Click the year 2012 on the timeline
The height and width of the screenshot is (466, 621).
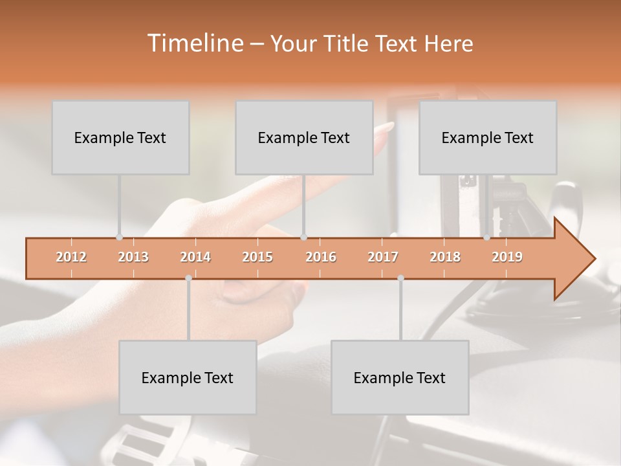[x=71, y=257]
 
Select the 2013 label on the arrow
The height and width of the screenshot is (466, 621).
[x=133, y=257]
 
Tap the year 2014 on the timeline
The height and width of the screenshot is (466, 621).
[x=195, y=257]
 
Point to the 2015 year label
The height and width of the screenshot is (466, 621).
[x=257, y=257]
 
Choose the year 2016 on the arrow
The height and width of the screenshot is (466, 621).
[x=321, y=257]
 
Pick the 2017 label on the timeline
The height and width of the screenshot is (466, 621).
[x=383, y=257]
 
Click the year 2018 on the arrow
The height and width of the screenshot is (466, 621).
[x=445, y=257]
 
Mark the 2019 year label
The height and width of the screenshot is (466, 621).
[x=507, y=257]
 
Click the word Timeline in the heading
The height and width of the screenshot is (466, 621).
[x=194, y=43]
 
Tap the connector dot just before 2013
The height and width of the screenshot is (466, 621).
[x=119, y=237]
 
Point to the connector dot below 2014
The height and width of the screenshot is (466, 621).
[x=188, y=278]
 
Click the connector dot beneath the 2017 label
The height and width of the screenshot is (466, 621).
[x=400, y=278]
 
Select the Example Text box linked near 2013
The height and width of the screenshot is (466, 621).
[x=120, y=138]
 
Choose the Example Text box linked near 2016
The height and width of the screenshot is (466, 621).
[x=304, y=138]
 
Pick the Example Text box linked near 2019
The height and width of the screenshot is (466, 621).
[x=488, y=138]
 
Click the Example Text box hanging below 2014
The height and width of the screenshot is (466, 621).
[x=188, y=378]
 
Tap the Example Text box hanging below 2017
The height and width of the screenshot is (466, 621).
[x=400, y=378]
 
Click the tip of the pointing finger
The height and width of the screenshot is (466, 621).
[x=390, y=124]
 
